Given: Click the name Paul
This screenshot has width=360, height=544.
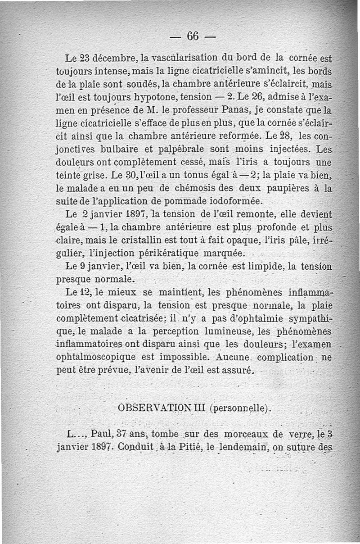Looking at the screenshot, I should click(x=102, y=435).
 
